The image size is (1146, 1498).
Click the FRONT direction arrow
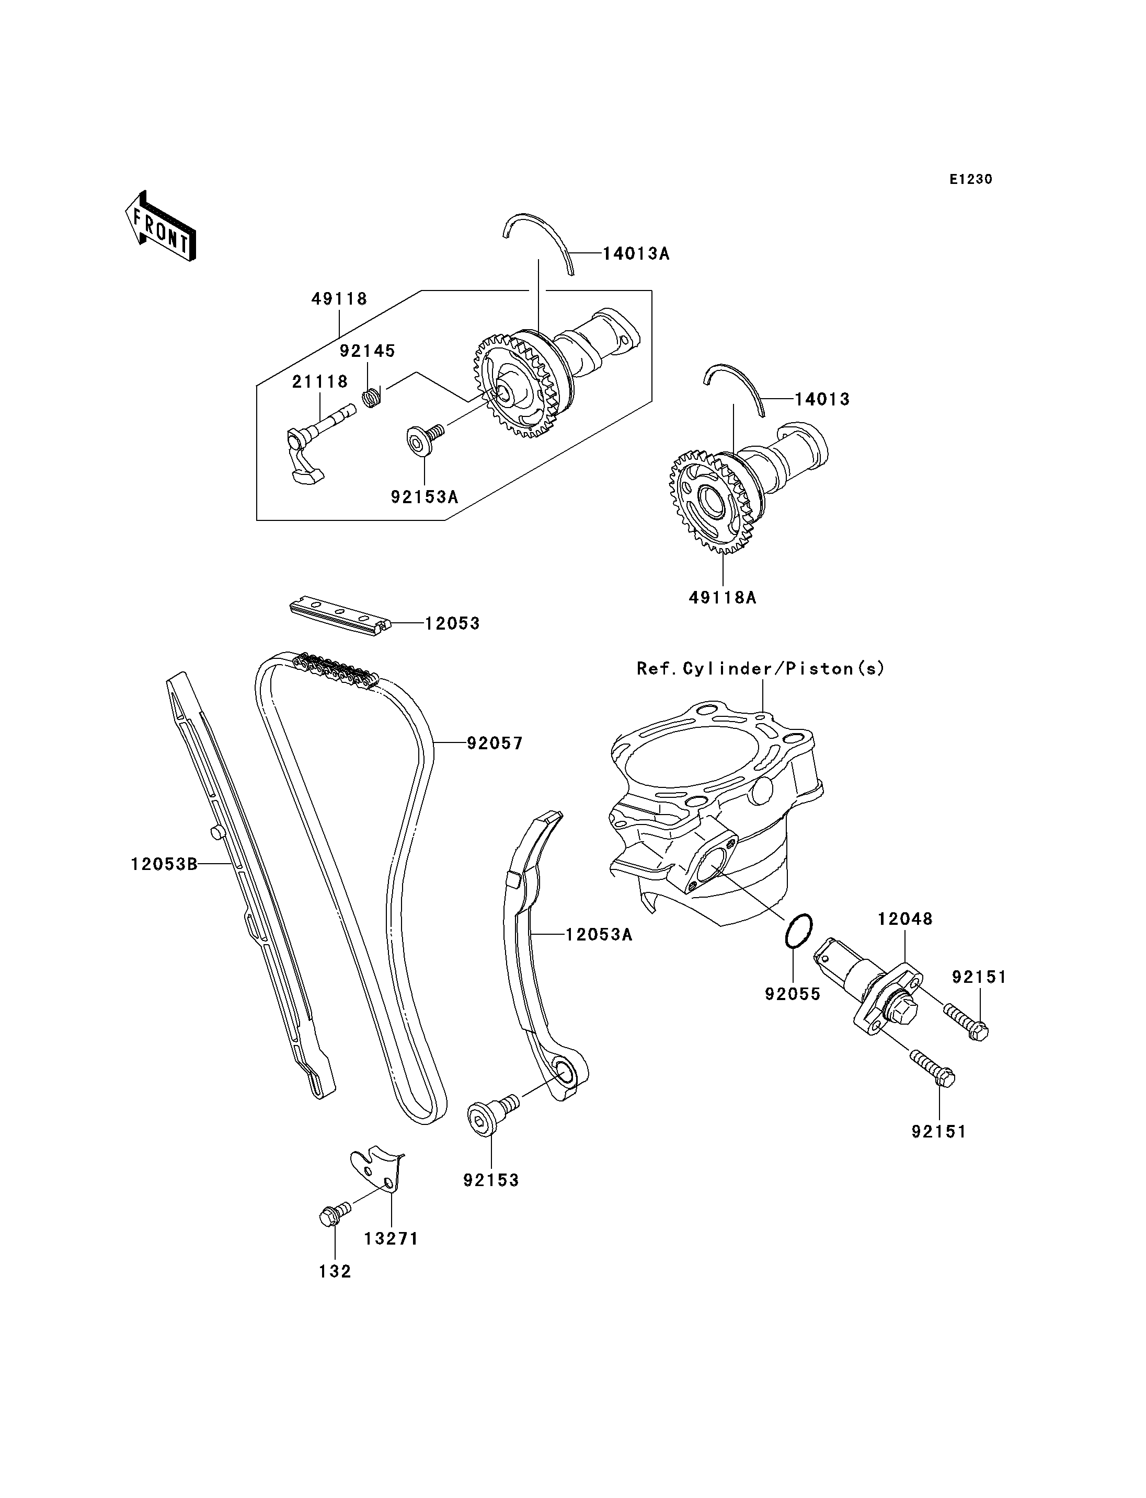click(161, 226)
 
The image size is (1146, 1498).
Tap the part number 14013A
click(636, 253)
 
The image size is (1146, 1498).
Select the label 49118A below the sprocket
click(723, 597)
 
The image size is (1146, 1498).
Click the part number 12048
click(904, 919)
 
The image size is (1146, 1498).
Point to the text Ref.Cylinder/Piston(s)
click(761, 668)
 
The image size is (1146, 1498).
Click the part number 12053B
click(164, 865)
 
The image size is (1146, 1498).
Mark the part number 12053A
click(599, 934)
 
